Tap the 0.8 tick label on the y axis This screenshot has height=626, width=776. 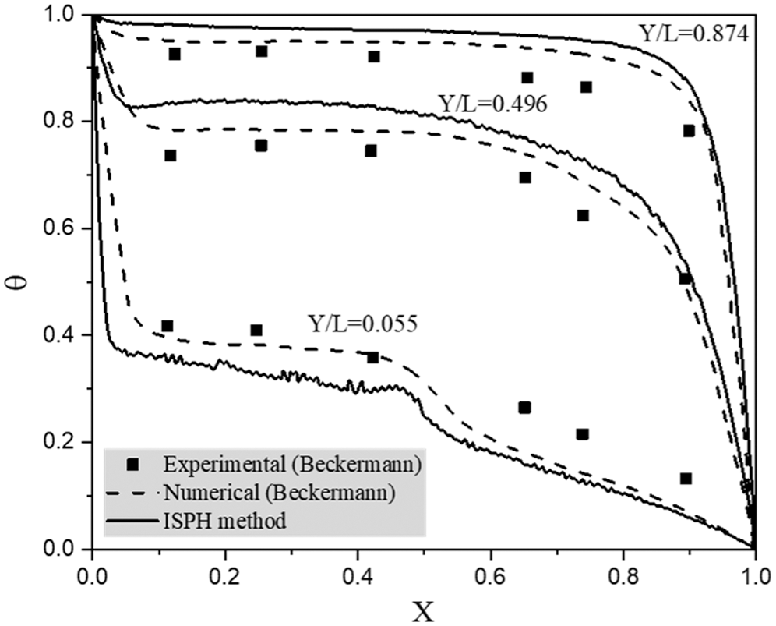[66, 122]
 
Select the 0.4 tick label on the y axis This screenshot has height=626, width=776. [66, 335]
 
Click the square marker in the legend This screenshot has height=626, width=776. [133, 465]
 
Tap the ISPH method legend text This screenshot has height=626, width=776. [226, 519]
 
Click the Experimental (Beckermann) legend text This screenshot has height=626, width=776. [294, 465]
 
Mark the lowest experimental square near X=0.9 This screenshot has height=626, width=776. [686, 478]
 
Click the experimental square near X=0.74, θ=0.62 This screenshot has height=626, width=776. [582, 215]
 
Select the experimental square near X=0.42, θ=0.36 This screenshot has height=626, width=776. [372, 357]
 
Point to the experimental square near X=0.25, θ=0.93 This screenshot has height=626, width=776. [262, 51]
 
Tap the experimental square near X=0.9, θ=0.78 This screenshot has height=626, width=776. [689, 130]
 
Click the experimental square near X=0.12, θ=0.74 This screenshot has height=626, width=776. [171, 155]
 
